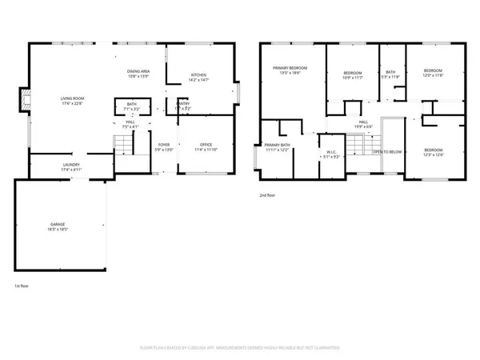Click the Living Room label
(x=73, y=101)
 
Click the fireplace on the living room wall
(x=24, y=102)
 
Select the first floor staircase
(x=122, y=146)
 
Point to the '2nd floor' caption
(x=268, y=194)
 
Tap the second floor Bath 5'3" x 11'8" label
(x=390, y=74)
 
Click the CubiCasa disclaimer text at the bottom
(x=240, y=348)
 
